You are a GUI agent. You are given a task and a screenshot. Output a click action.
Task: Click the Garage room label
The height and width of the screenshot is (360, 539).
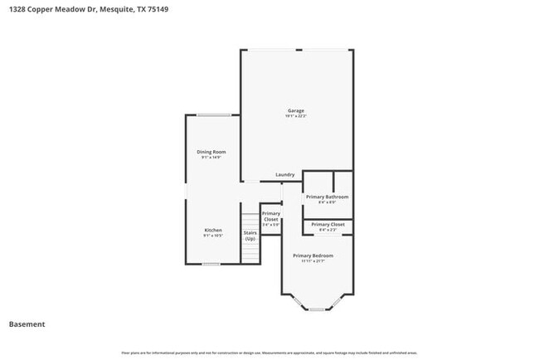(x=296, y=110)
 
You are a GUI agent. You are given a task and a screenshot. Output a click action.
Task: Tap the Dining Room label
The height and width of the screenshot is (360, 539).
(x=211, y=152)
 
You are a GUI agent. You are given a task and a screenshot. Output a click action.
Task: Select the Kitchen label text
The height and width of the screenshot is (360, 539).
(x=213, y=230)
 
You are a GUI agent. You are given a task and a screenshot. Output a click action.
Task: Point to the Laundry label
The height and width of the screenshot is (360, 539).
(x=285, y=175)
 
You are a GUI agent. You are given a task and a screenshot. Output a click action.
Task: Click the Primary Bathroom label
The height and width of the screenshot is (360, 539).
(x=327, y=197)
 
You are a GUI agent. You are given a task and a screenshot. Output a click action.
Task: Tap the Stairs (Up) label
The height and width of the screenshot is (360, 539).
(x=250, y=236)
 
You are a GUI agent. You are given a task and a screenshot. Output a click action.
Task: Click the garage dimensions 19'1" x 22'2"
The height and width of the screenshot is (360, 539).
(x=296, y=116)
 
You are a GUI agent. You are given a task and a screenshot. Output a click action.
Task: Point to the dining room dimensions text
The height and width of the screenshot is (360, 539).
(x=211, y=158)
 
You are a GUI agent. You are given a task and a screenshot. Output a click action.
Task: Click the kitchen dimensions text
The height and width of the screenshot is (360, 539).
(x=213, y=236)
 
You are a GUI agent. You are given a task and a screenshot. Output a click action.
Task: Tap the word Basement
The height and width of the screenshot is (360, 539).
(x=27, y=324)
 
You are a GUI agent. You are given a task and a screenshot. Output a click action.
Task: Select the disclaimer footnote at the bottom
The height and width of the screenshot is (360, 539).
(x=269, y=353)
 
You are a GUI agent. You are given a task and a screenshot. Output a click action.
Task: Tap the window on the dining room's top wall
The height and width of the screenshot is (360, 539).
(x=213, y=114)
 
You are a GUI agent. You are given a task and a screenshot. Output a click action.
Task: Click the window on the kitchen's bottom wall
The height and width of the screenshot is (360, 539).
(x=211, y=264)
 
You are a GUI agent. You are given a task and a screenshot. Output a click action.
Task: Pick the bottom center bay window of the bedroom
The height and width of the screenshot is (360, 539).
(x=317, y=309)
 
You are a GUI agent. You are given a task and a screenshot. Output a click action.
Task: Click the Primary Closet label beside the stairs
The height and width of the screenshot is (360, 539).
(x=270, y=216)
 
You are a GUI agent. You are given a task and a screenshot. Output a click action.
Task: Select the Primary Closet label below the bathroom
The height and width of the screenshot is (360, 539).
(x=328, y=225)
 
